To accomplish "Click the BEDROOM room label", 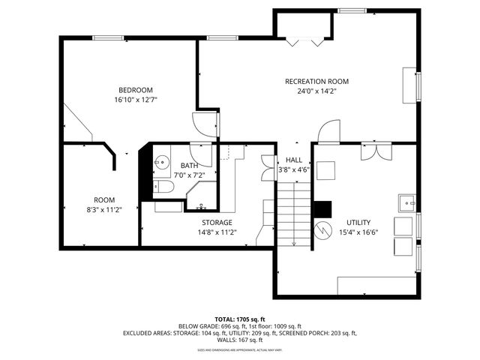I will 135,90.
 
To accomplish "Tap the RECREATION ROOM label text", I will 316,81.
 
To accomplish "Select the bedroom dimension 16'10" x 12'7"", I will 135,100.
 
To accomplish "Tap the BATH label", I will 188,165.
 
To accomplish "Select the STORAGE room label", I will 217,223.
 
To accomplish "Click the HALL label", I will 293,160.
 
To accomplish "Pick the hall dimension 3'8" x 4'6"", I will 293,169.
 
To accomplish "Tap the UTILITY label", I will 358,223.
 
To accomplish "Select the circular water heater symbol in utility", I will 323,229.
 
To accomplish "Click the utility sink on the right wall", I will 406,202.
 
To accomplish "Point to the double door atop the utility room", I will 374,151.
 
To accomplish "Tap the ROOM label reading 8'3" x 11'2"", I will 104,200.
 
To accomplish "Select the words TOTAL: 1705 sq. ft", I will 240,319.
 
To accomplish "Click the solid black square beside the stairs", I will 322,208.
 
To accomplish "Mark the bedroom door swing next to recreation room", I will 203,124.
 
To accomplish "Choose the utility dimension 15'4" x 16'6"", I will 358,232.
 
